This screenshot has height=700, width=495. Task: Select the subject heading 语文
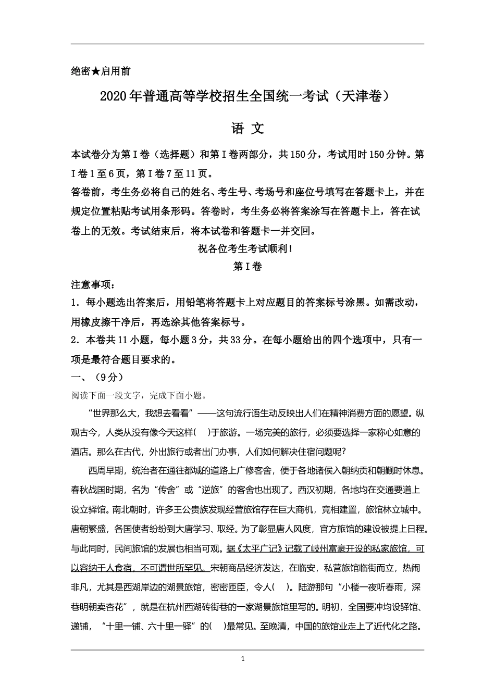[x=247, y=129]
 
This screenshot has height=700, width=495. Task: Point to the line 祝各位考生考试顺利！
[x=247, y=249]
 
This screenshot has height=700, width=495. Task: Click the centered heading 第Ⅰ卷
[x=247, y=267]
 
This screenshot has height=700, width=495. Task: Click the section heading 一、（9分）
[x=97, y=377]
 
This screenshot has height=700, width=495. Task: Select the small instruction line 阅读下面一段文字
[x=109, y=395]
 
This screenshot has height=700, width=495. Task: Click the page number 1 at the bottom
[x=243, y=659]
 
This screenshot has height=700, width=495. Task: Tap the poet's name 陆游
[x=307, y=587]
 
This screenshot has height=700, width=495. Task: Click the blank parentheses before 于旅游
[x=202, y=432]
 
